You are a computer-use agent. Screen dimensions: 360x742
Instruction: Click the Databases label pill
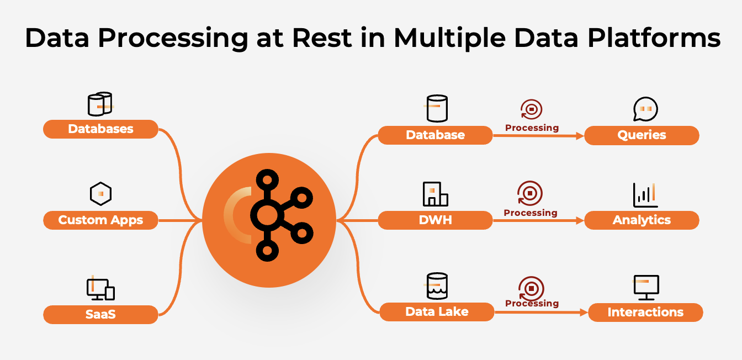(x=100, y=129)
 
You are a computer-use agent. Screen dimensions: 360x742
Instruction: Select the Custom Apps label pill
(x=100, y=220)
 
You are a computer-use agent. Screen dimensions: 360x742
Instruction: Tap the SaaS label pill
(x=100, y=315)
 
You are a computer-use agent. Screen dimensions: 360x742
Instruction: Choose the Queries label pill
(x=642, y=135)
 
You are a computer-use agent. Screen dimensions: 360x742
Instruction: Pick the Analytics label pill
(x=642, y=220)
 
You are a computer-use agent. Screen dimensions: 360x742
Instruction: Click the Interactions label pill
(x=645, y=313)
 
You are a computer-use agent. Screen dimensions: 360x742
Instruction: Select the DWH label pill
(x=435, y=220)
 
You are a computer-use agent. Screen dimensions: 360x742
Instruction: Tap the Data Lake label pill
(x=437, y=312)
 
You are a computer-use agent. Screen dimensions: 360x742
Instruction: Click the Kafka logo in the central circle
(x=279, y=215)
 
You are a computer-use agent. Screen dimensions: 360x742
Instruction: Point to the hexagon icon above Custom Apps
(x=100, y=194)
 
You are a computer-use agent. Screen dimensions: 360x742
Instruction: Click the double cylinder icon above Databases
(x=100, y=104)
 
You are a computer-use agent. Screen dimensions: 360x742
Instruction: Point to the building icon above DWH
(x=435, y=194)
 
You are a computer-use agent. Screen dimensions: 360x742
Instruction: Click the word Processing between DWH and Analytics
(x=531, y=213)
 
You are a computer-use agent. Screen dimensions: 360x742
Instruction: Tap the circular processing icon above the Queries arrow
(x=532, y=109)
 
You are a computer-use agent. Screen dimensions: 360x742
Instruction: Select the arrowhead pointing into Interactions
(x=585, y=313)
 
